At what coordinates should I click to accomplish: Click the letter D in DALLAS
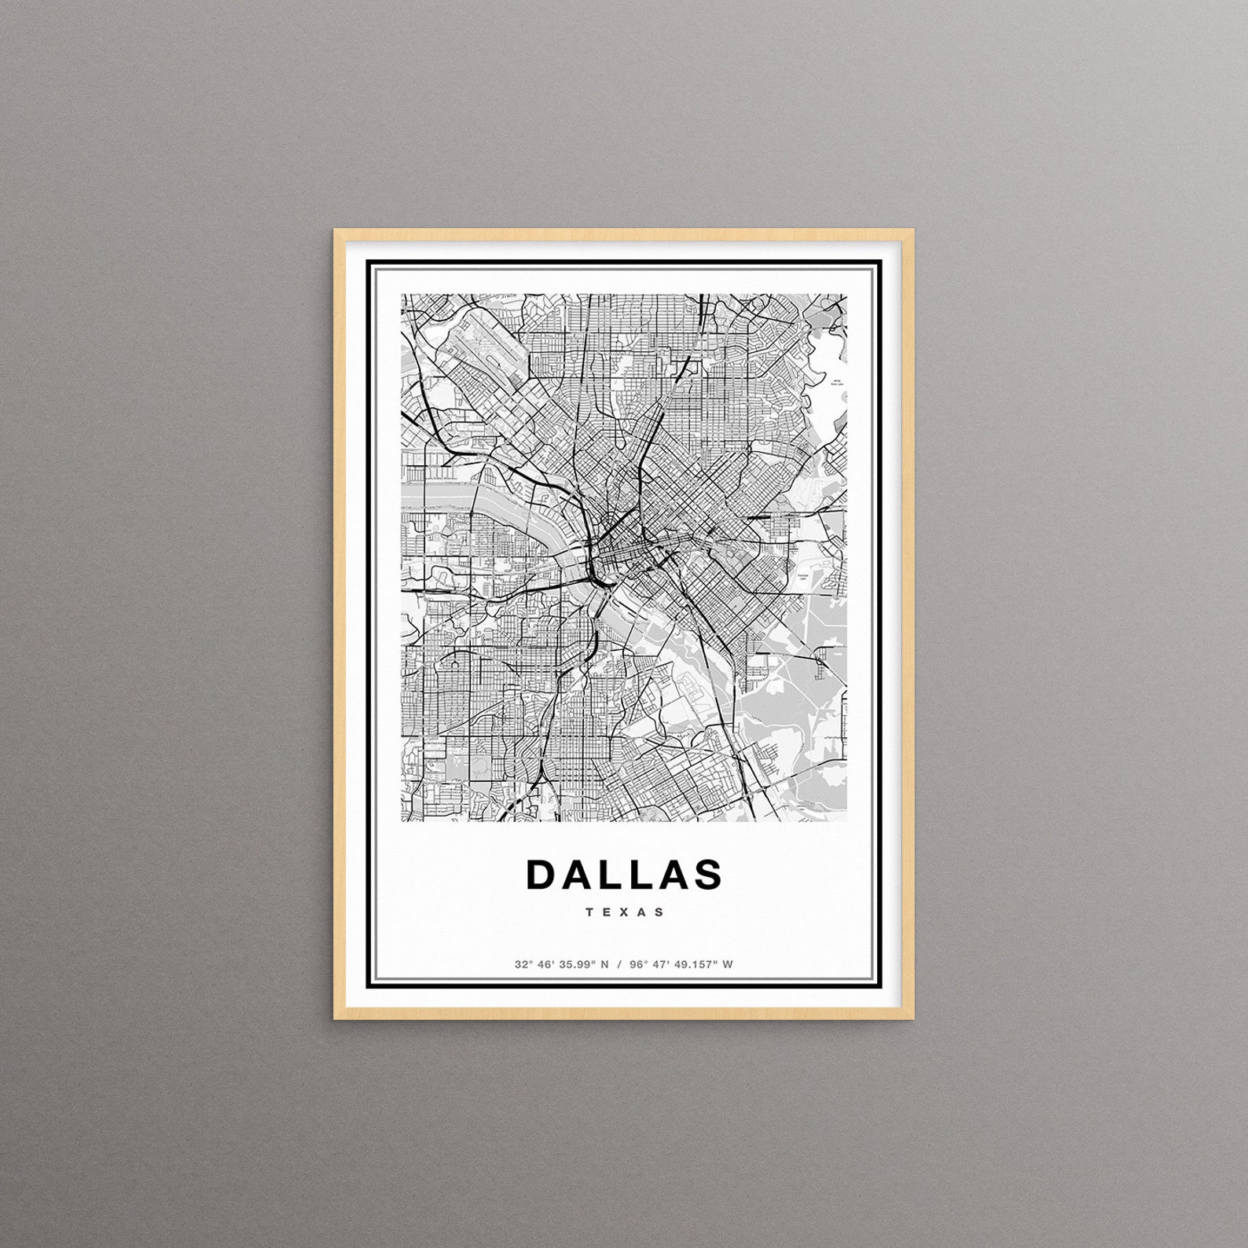[x=541, y=875]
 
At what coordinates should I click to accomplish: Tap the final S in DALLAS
[x=707, y=875]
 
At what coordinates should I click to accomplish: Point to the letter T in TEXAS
[x=589, y=912]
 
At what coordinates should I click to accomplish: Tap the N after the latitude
[x=605, y=964]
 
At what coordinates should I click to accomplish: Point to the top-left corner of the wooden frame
[x=336, y=231]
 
